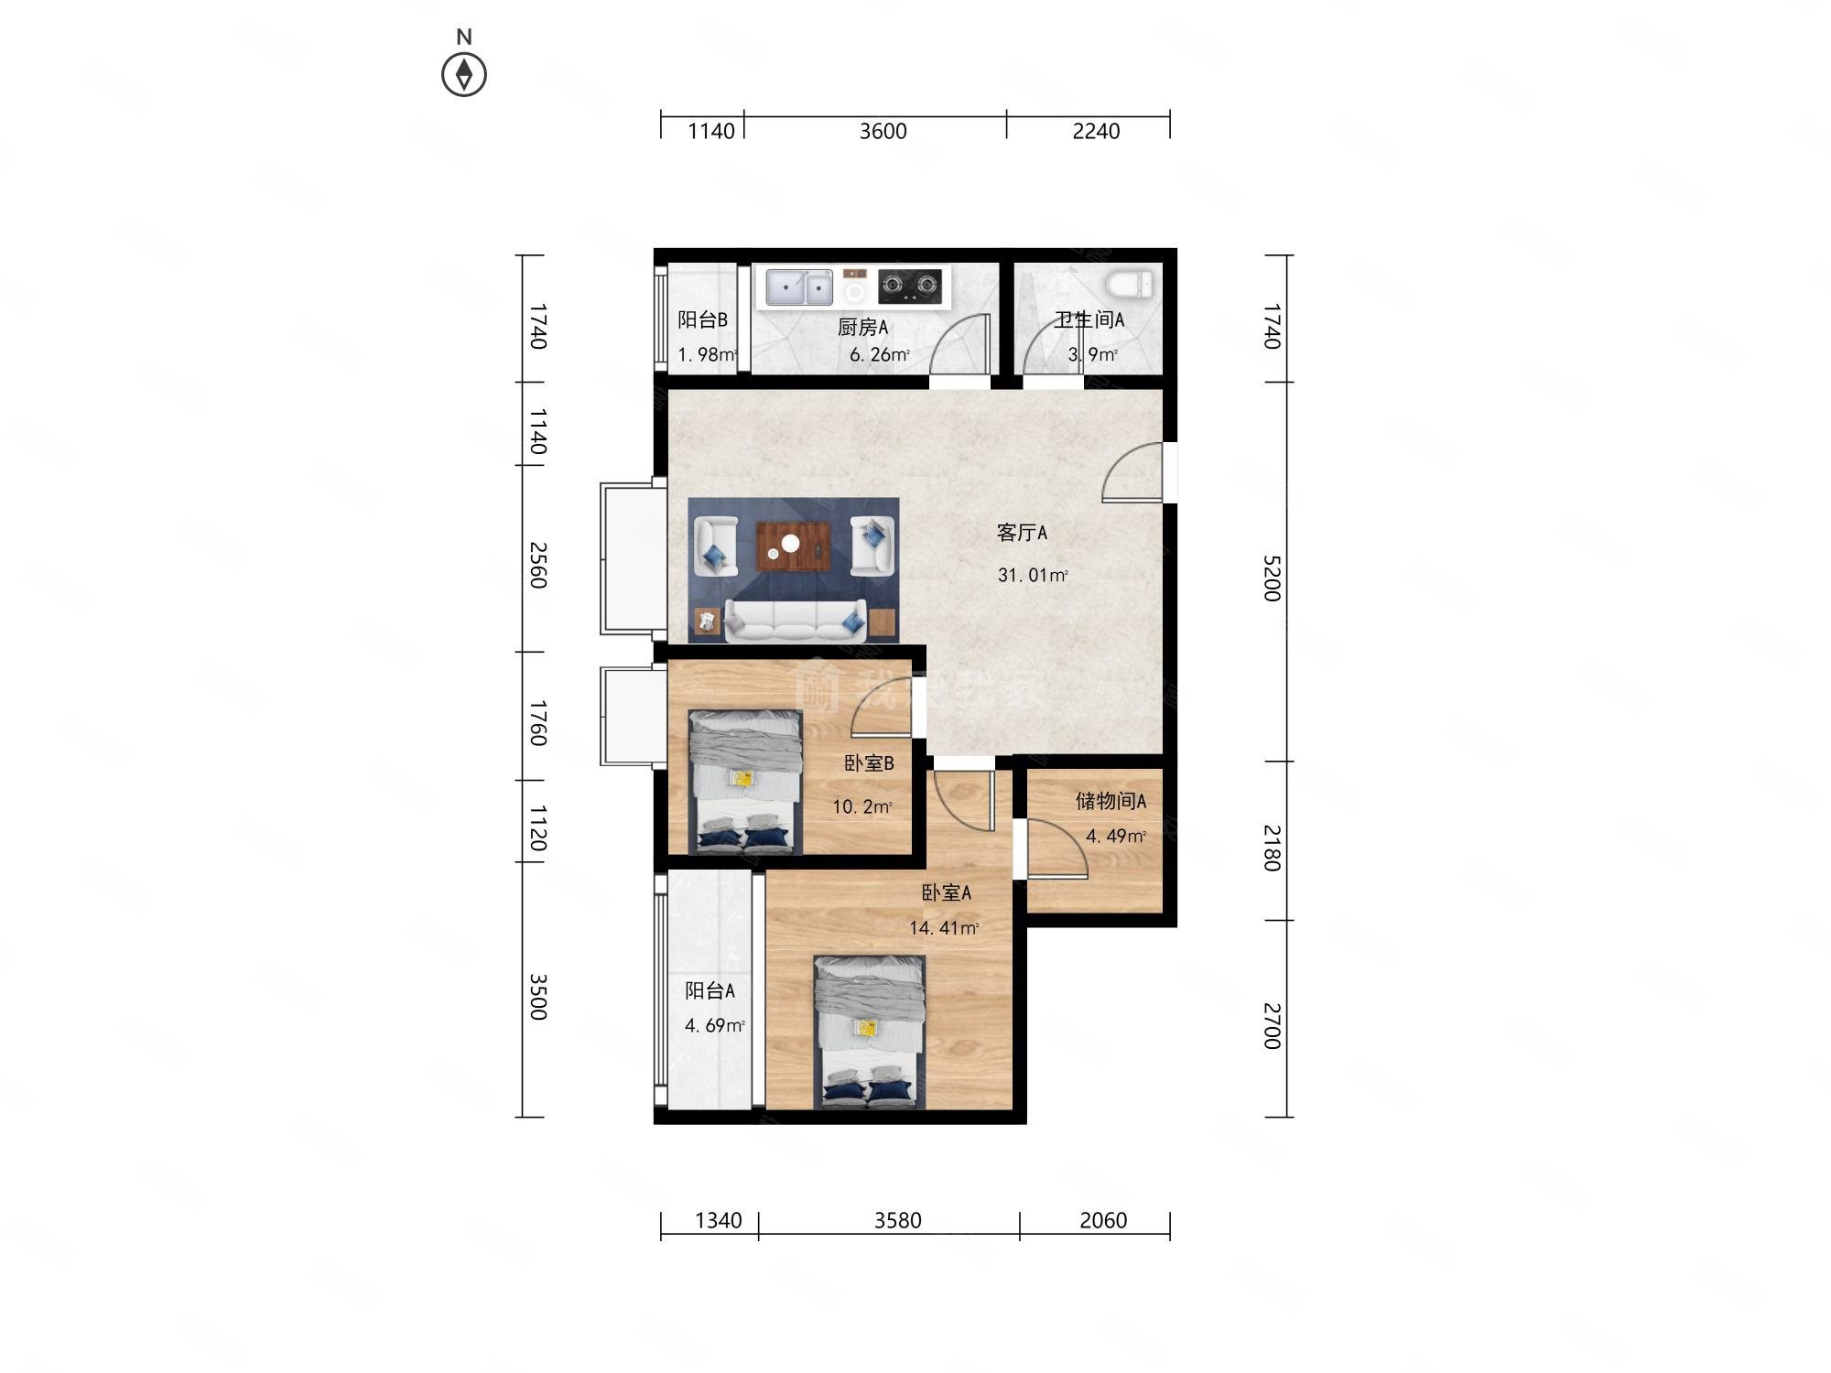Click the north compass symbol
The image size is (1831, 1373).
point(464,74)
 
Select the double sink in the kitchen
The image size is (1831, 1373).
point(799,287)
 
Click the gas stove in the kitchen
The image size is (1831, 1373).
point(910,286)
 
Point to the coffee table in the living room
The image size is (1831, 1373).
point(793,546)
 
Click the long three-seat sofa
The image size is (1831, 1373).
point(795,621)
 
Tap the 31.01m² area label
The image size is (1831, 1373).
point(1033,575)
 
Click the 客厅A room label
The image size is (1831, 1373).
point(1022,532)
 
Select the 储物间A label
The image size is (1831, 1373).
point(1111,801)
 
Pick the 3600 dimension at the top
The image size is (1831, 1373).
point(883,131)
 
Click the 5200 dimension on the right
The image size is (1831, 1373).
point(1272,578)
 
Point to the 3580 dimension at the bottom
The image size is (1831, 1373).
point(897,1220)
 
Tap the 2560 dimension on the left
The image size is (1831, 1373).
point(537,565)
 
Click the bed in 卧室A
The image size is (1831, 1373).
point(870,1032)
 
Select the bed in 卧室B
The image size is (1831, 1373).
point(745,782)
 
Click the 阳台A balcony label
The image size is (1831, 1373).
point(710,990)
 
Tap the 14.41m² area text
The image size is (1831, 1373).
point(944,927)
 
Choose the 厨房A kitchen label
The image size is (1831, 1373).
point(863,327)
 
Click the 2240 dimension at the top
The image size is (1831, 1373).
point(1096,131)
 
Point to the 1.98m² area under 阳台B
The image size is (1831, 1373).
point(708,354)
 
